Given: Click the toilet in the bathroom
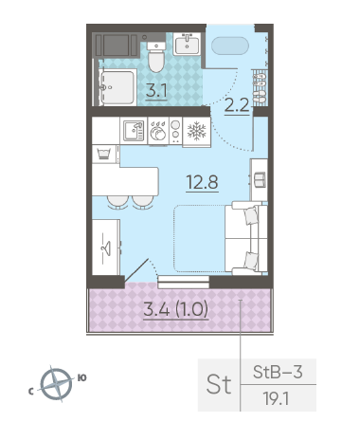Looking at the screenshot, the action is point(156,56).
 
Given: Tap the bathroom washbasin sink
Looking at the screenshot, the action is point(187,44).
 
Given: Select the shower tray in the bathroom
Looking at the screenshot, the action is point(117,87).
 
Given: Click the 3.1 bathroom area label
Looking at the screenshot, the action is point(156,91).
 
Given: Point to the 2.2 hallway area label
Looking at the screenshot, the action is point(237,105).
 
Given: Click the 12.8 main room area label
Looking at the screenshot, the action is point(202,182).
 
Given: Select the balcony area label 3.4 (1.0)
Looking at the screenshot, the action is point(176,309).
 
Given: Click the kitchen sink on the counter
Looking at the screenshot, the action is point(134,131).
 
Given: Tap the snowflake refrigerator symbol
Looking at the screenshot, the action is point(196,131).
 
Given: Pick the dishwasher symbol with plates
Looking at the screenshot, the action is point(158,131).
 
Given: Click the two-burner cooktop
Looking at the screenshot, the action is point(175,131).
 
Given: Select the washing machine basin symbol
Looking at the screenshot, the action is point(104,154).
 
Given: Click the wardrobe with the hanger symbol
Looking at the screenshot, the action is point(106,248).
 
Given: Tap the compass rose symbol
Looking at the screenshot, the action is point(56,384).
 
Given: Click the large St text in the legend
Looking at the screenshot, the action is point(219,385).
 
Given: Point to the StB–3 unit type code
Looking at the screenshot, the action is point(278,372).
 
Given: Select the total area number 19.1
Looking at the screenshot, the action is point(277,399).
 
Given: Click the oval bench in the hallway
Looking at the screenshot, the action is point(230,46).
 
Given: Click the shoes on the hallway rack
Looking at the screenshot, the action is point(260,87).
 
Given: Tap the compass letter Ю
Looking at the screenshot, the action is point(81,378).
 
